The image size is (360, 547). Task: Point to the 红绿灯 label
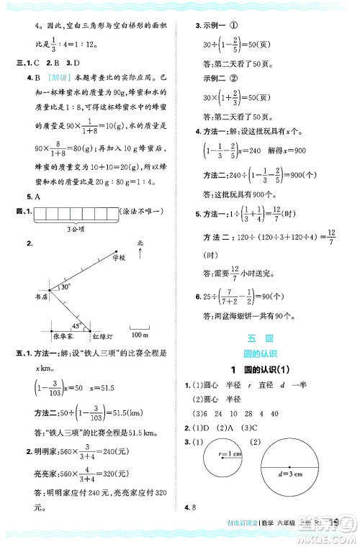click(x=101, y=335)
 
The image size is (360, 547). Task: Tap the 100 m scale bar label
click(x=140, y=335)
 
